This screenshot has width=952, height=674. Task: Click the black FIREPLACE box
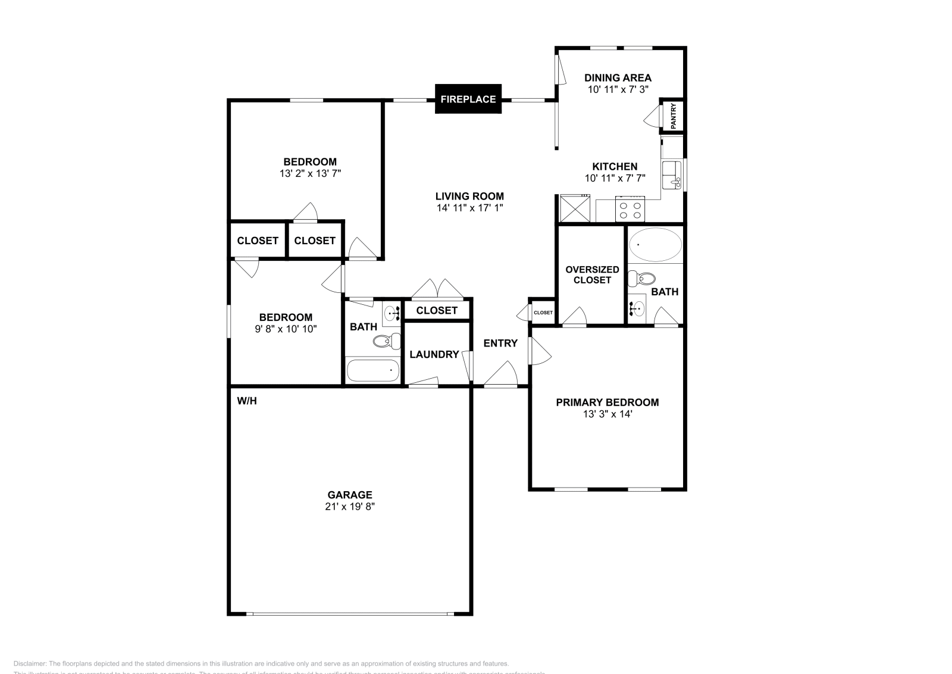point(468,99)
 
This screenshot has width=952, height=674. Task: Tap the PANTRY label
point(674,116)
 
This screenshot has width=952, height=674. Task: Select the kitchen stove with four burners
point(630,209)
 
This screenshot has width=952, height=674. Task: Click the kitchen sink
point(672,174)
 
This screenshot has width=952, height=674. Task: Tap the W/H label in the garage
point(247,401)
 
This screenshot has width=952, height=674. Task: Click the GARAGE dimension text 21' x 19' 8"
point(350,507)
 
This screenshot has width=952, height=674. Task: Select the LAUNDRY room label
point(434,354)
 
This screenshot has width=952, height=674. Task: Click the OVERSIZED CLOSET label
point(592,274)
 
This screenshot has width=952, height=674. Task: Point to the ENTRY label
point(500,343)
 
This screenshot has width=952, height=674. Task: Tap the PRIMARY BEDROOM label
point(607,402)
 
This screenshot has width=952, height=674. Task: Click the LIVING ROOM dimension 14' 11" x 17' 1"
point(469,208)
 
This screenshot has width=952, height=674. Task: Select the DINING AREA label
point(618,77)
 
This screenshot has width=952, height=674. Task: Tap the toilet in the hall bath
point(387,341)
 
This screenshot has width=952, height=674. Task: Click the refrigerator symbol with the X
point(574,209)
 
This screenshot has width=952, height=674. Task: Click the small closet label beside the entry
point(543,313)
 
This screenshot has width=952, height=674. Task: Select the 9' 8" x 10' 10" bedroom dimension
point(286,329)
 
